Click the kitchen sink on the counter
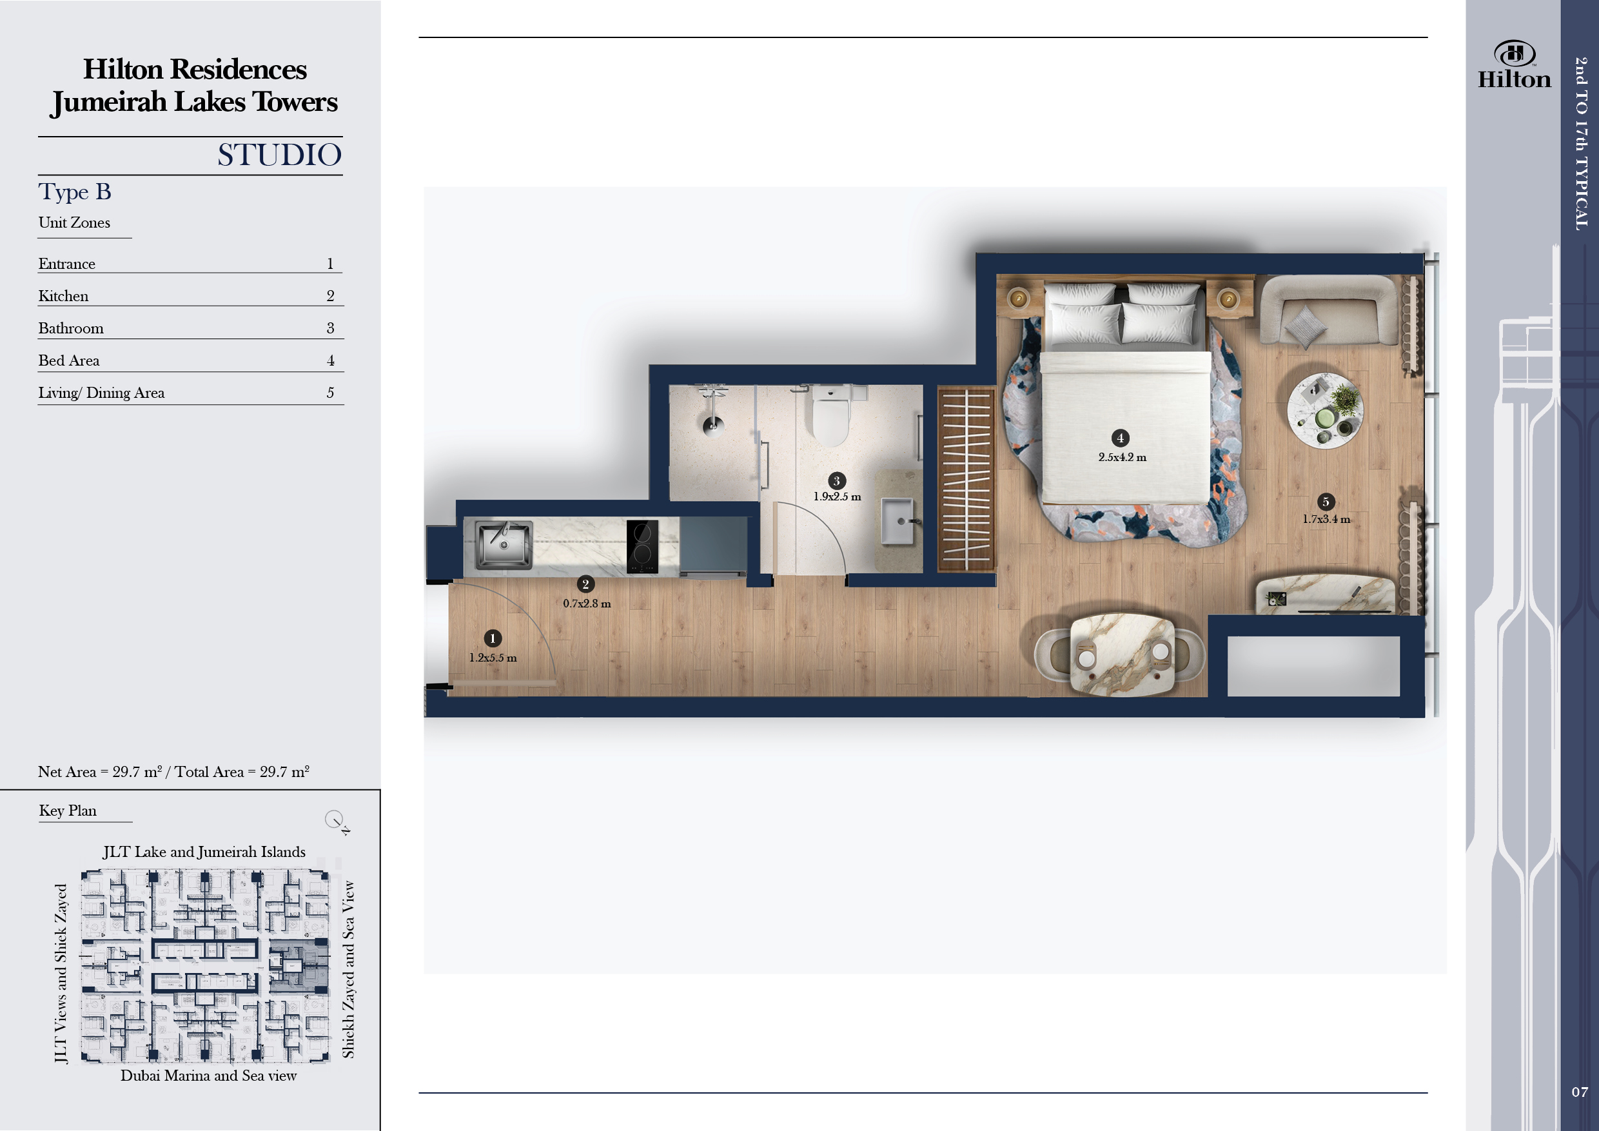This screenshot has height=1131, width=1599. [504, 545]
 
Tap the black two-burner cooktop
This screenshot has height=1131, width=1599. [642, 547]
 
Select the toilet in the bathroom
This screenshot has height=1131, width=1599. [830, 416]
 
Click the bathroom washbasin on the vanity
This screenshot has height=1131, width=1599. [897, 521]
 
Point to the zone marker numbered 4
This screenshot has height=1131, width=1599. [1120, 437]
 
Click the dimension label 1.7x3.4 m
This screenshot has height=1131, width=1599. [1326, 519]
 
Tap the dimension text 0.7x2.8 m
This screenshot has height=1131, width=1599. [586, 603]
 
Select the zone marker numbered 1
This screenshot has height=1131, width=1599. [493, 638]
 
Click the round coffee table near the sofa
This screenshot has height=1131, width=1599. [1324, 410]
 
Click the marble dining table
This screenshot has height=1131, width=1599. [1121, 654]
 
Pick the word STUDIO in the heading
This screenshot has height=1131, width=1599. [279, 155]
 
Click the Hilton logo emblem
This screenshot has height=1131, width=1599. [1514, 54]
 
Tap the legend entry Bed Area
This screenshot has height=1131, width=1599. [69, 360]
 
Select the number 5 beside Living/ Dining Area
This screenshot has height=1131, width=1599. [330, 393]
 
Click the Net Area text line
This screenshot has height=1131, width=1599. [173, 771]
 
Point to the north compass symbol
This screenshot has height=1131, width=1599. [336, 820]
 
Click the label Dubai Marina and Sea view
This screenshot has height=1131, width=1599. [208, 1076]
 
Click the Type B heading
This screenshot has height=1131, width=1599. [75, 192]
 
